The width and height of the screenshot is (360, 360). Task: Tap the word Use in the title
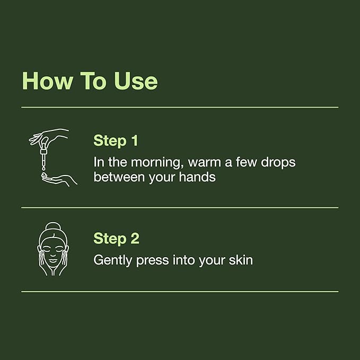(135, 81)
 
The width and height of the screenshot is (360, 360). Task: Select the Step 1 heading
(116, 141)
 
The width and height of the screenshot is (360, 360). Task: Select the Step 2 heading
(116, 239)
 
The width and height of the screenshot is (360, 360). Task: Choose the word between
(118, 177)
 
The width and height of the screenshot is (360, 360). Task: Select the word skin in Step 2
(239, 260)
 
